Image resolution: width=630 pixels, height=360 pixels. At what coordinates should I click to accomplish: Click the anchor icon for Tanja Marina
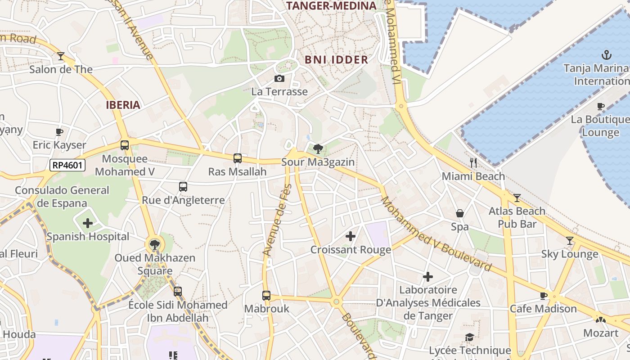pos(607,55)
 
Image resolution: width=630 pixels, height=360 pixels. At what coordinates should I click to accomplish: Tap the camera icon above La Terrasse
pos(279,79)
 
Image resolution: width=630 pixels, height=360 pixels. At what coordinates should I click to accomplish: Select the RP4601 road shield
pos(67,165)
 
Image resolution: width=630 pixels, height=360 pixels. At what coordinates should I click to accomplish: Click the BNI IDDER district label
pos(336,59)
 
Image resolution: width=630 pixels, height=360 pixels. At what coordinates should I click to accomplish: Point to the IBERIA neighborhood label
pos(123,105)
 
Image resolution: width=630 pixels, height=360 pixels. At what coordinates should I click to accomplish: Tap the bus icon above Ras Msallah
pos(238,158)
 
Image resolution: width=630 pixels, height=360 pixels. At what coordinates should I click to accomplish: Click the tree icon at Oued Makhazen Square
pos(155,245)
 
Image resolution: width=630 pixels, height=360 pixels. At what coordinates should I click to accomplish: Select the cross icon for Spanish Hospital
pos(88,223)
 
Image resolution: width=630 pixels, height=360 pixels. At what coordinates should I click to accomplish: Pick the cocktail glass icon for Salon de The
pos(61,56)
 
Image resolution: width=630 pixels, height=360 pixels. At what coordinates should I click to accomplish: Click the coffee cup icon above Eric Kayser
pos(59,132)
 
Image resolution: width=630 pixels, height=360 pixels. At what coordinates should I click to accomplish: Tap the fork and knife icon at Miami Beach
pos(473,163)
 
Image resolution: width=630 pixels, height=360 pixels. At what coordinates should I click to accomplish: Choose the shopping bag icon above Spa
pos(460,213)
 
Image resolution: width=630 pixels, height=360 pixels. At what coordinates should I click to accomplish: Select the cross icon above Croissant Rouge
pos(351,236)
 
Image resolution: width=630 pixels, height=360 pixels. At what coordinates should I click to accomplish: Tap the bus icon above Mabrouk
pos(266,296)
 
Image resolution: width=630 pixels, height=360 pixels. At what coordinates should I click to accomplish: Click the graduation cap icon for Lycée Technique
pos(470,337)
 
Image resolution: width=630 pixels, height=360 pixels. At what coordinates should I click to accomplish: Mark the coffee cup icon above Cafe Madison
pos(543,296)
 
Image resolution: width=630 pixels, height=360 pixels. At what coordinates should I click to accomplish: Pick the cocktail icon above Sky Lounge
pos(570,241)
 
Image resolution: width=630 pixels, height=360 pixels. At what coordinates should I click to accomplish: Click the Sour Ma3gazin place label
pos(318,162)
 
